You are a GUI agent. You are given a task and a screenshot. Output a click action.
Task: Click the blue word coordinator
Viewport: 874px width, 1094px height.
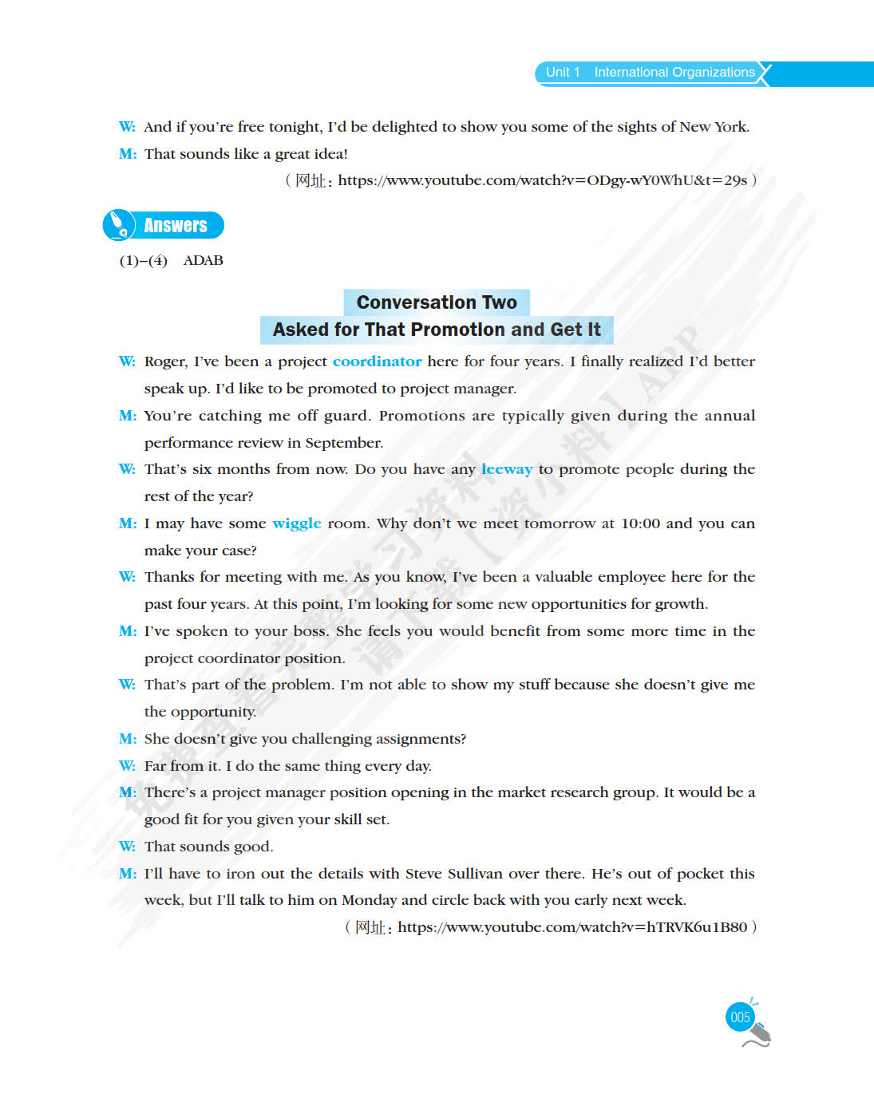click(377, 361)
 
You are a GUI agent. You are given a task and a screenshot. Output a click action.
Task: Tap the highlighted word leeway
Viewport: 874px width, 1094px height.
click(506, 469)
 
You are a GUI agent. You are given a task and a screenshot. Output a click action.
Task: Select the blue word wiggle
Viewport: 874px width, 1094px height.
click(297, 523)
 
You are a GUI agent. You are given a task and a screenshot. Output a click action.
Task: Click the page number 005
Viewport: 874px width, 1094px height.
click(740, 1017)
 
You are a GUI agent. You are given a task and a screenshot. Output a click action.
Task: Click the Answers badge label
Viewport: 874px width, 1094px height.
click(176, 226)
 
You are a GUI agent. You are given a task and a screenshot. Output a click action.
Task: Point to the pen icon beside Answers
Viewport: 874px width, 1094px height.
click(119, 224)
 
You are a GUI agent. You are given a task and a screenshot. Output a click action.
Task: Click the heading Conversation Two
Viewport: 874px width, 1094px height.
click(437, 302)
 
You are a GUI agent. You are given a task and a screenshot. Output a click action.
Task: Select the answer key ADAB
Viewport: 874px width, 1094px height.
click(204, 261)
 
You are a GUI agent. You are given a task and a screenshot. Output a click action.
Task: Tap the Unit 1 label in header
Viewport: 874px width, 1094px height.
click(563, 73)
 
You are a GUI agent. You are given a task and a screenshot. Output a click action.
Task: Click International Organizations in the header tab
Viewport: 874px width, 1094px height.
click(674, 73)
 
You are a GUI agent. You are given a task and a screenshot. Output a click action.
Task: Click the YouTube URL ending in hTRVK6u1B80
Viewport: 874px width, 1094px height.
click(572, 927)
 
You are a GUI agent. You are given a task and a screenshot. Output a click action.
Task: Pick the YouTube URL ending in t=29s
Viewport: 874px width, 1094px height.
click(542, 180)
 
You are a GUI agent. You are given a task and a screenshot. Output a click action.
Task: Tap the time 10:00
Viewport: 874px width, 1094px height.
click(640, 523)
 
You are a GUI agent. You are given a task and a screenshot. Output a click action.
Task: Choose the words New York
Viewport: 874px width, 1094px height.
click(714, 127)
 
